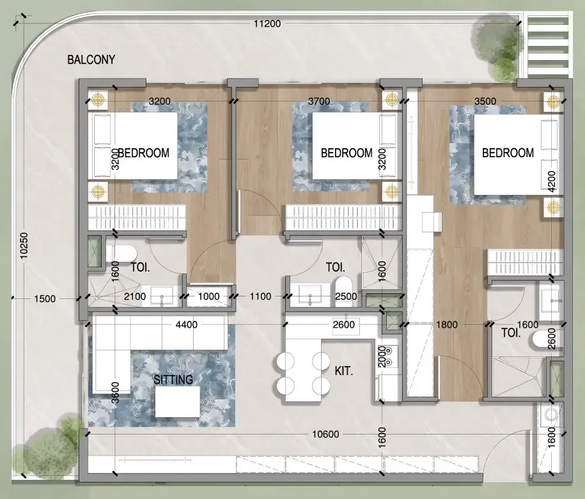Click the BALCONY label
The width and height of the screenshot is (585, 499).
pos(91,61)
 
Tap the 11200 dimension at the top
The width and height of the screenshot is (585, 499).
pos(267,24)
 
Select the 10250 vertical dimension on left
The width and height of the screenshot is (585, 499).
pos(24,244)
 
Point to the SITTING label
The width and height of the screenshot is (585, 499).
pos(173,380)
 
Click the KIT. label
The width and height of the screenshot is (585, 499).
pos(345,371)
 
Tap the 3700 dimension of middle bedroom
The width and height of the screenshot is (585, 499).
pos(319,101)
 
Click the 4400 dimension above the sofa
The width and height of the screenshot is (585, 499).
pos(186,325)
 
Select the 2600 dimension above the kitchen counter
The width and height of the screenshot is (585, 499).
pos(344,325)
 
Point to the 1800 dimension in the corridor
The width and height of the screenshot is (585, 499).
pos(447,325)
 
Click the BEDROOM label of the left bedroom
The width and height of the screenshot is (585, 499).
pos(144,153)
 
